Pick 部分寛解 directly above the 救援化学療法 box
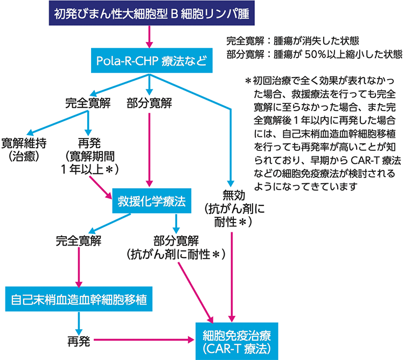click(x=148, y=101)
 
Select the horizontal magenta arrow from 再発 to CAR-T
click(x=143, y=340)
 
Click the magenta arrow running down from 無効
click(x=232, y=275)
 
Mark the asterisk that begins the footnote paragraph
click(x=248, y=81)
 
